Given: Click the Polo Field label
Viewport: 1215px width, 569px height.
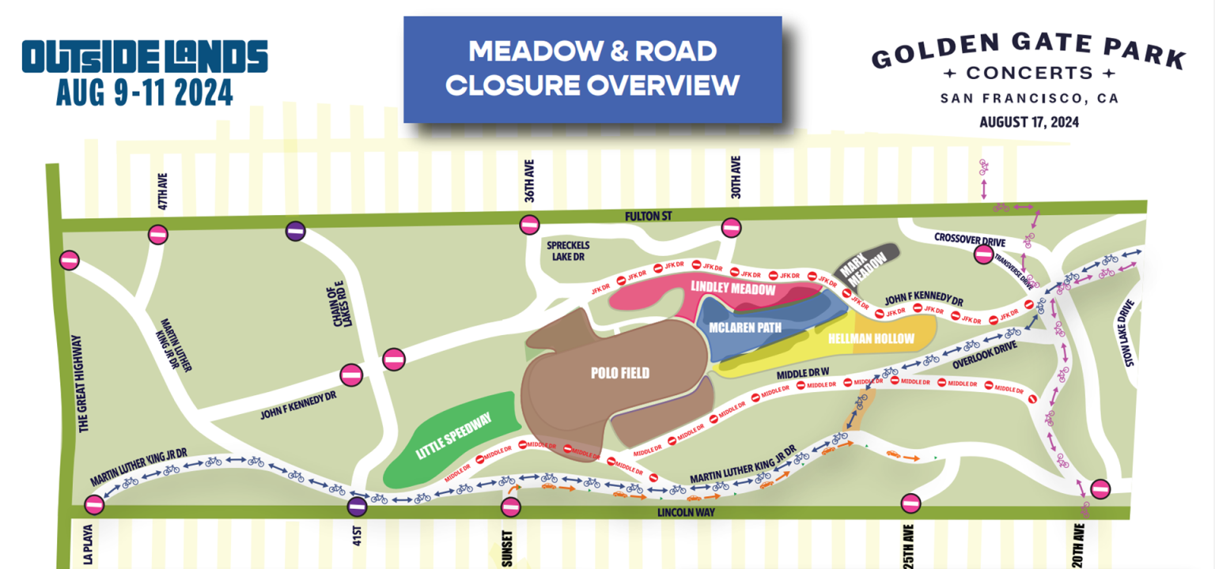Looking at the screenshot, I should [x=620, y=373].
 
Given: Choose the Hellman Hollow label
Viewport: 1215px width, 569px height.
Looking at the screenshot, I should [x=871, y=338].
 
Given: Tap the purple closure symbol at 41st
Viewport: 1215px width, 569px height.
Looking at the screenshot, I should [x=357, y=504].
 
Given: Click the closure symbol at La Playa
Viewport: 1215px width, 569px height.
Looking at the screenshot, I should [x=94, y=503].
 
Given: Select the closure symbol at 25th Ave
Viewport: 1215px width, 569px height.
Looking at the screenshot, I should [x=910, y=503].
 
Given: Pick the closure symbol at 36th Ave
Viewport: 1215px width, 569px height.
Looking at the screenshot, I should [x=529, y=225].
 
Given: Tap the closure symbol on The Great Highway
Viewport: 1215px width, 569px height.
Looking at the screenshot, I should [x=70, y=260].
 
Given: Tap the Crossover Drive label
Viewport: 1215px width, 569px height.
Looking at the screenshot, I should [x=969, y=238].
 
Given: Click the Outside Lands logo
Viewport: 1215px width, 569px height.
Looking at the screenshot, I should [x=145, y=57].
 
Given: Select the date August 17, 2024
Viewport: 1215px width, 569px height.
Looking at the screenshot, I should [x=1028, y=122].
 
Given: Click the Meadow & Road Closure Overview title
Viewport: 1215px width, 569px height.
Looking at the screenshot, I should [x=592, y=69].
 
